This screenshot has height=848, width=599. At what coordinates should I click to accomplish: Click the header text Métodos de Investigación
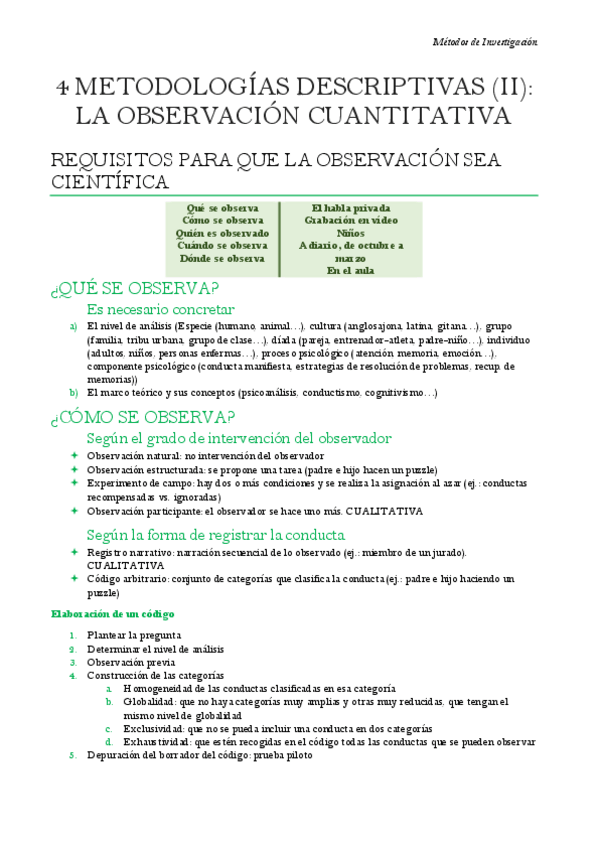click(x=485, y=42)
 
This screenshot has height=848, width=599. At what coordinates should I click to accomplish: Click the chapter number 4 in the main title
click(x=62, y=87)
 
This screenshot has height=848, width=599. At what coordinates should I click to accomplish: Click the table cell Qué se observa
click(x=223, y=208)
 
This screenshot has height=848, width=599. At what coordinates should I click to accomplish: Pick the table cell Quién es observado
click(x=222, y=233)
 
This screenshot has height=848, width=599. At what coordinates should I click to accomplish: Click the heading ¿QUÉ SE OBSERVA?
click(x=134, y=290)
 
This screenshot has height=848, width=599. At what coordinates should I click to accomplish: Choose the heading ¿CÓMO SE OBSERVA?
click(x=142, y=416)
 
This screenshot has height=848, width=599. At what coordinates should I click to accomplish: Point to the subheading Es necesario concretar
click(x=161, y=310)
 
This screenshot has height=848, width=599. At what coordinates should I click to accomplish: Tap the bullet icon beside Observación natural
click(x=73, y=456)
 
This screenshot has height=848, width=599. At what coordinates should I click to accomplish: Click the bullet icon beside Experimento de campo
click(x=73, y=483)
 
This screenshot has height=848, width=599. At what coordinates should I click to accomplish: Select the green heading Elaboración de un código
click(x=113, y=613)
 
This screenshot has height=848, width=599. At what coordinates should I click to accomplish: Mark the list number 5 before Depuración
click(x=72, y=756)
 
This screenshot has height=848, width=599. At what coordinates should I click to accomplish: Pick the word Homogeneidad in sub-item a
click(x=160, y=689)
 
